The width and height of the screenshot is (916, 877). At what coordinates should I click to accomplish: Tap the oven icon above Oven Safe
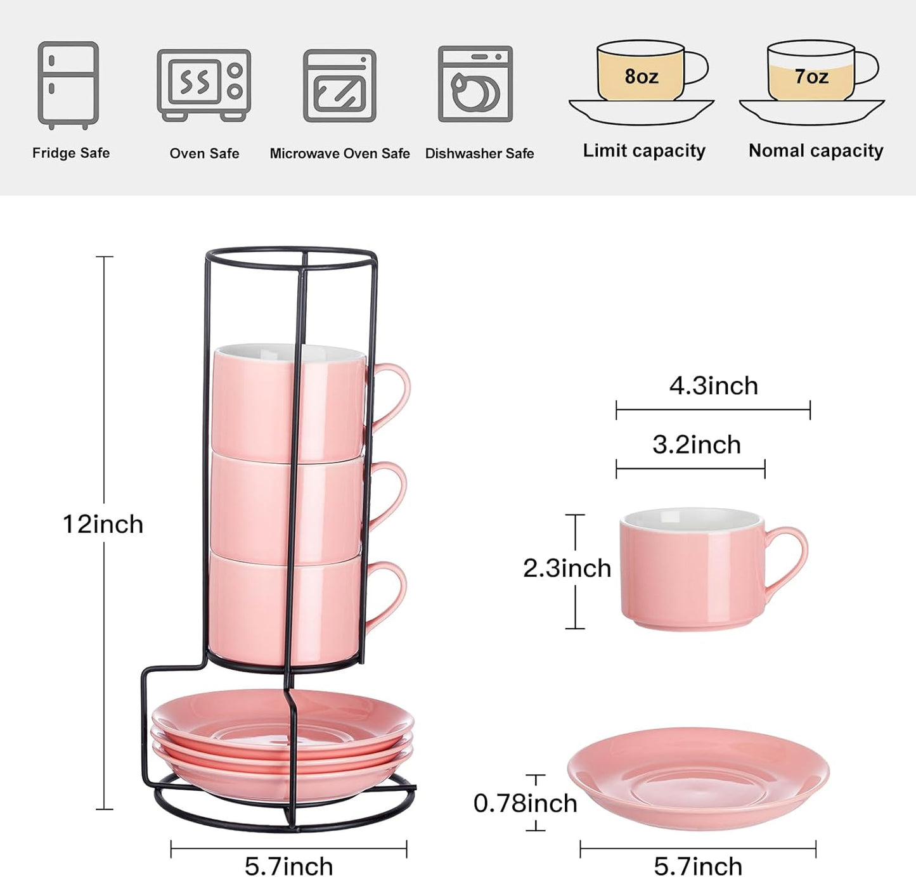tap(203, 84)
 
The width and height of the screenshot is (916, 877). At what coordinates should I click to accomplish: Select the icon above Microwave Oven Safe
tap(340, 86)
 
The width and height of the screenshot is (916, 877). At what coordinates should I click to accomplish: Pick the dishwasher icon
tap(475, 84)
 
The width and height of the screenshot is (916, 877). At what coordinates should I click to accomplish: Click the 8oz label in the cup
tap(641, 77)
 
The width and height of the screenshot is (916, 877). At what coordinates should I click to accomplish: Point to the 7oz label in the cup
tap(811, 77)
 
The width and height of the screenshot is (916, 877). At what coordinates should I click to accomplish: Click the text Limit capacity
tap(644, 151)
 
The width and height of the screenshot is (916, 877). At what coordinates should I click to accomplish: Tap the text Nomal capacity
tap(816, 151)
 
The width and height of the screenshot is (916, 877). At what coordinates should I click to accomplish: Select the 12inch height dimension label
tap(103, 525)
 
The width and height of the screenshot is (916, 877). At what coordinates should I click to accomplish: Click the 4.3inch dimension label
tap(714, 386)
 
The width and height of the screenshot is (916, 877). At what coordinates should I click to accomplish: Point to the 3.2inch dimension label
tap(697, 445)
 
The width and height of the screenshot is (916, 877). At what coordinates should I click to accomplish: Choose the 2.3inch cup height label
tap(567, 568)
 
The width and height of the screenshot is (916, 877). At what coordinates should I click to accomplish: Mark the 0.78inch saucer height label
tap(526, 803)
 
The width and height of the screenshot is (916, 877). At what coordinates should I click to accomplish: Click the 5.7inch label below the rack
tap(288, 866)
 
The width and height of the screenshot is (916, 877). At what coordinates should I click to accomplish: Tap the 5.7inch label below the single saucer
tap(698, 866)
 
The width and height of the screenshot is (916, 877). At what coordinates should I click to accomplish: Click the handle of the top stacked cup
tap(394, 393)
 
